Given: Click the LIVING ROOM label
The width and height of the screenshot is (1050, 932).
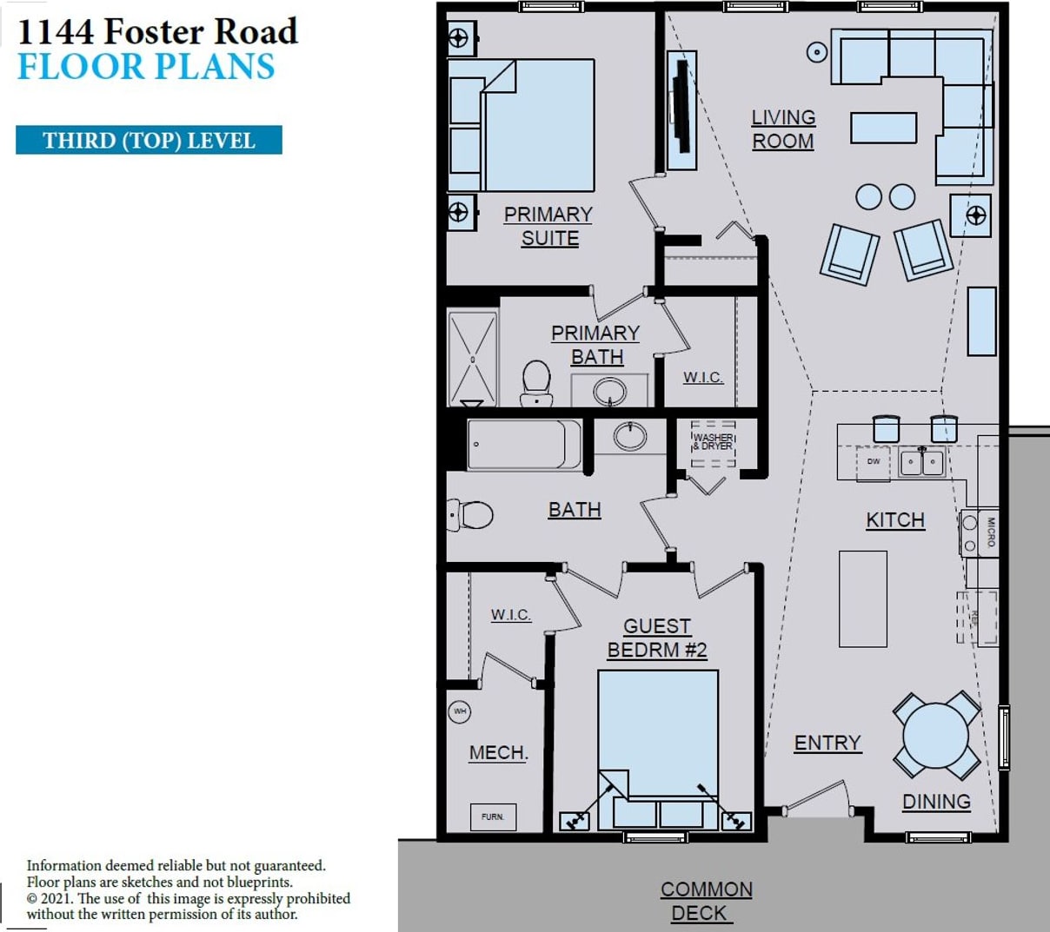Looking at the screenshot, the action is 783,129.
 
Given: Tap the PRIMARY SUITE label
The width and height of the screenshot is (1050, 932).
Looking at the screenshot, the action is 548,226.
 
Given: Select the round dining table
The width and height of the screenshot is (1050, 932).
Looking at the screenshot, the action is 935,735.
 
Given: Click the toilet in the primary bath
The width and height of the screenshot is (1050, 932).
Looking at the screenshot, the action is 537,381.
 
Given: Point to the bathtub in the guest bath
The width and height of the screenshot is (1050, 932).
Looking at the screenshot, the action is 523,445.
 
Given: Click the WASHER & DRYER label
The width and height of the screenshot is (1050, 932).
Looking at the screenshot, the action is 713,441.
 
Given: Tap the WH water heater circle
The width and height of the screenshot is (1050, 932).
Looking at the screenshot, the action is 460,711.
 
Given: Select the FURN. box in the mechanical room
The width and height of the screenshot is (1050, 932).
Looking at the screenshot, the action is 493,816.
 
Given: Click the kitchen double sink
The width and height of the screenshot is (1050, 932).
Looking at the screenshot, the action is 921,461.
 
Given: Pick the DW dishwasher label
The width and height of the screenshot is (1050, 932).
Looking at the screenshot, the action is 874,461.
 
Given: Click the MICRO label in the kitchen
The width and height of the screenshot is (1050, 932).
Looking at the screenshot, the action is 990,532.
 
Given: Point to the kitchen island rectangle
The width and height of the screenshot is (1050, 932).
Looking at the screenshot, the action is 862,598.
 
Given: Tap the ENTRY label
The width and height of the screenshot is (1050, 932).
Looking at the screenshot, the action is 827,744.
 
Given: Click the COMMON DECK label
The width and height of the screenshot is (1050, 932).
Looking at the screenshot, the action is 706,901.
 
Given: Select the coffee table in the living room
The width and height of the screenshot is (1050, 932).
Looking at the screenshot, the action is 883,128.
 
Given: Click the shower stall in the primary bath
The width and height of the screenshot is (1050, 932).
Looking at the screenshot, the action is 472,359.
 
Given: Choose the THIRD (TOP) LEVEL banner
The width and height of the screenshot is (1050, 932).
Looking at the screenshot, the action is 149,141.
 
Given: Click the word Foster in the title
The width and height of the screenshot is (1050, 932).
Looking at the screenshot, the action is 156,32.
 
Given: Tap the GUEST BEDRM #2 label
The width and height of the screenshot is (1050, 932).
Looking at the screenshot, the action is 657,638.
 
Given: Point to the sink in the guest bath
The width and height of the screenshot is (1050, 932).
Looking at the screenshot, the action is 630,436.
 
